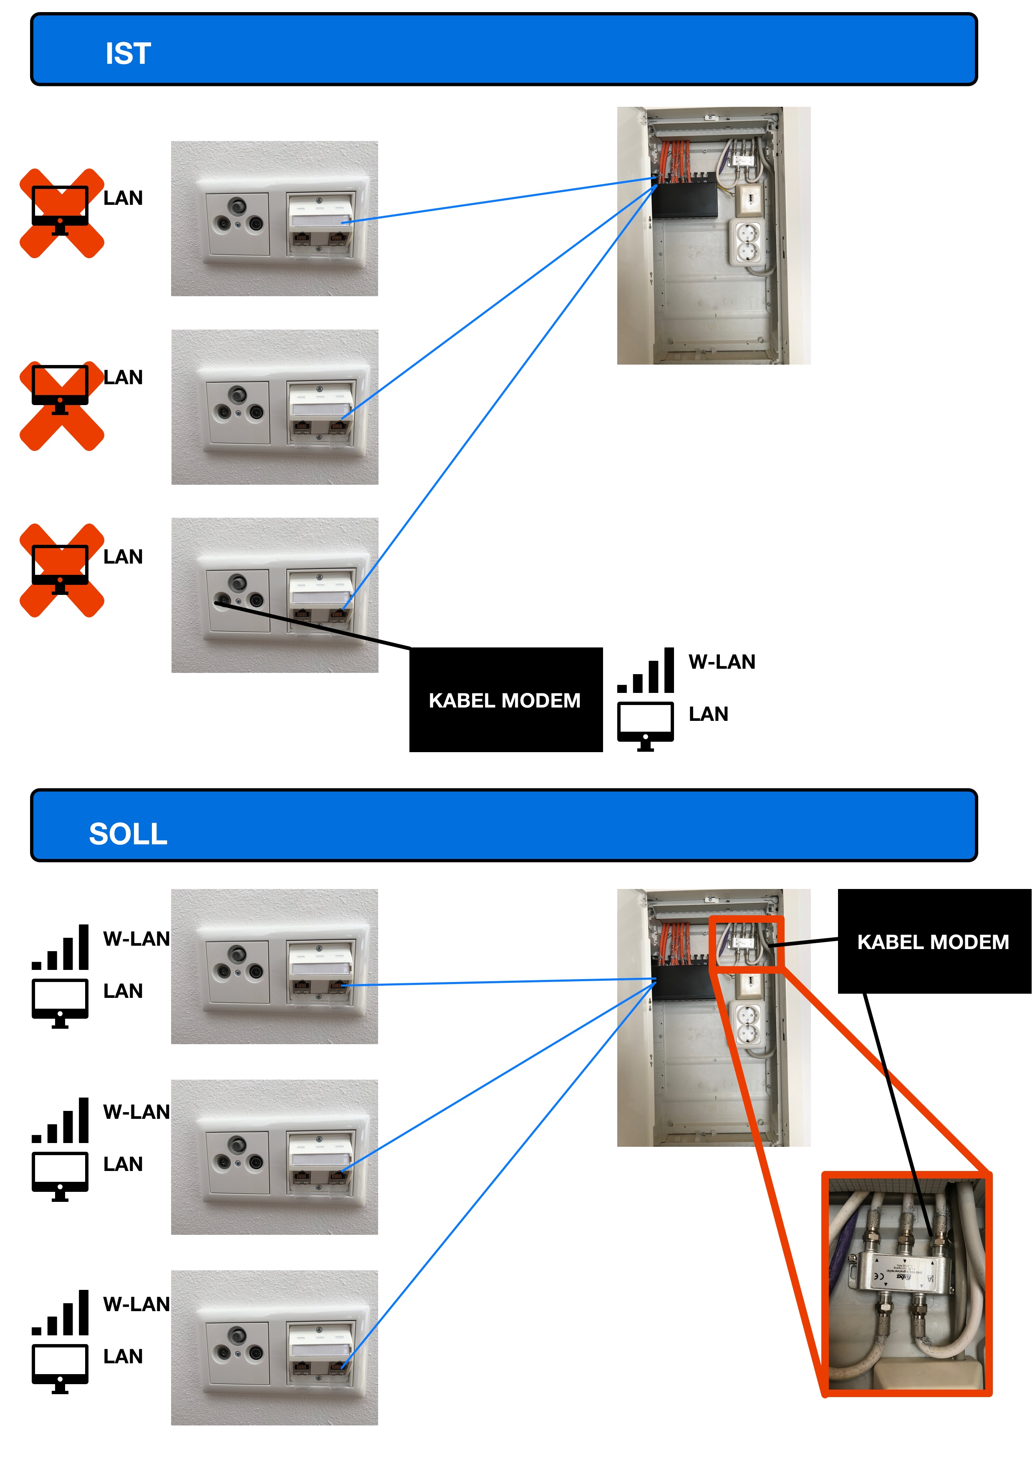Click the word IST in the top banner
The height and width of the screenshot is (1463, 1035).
[128, 53]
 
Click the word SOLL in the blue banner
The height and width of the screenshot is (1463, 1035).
[128, 834]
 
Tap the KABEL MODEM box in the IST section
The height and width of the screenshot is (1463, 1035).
[505, 700]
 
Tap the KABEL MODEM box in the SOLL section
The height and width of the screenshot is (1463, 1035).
[934, 941]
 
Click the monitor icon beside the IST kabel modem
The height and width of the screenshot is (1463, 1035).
[645, 725]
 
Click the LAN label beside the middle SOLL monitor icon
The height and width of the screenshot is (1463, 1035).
[123, 1164]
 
